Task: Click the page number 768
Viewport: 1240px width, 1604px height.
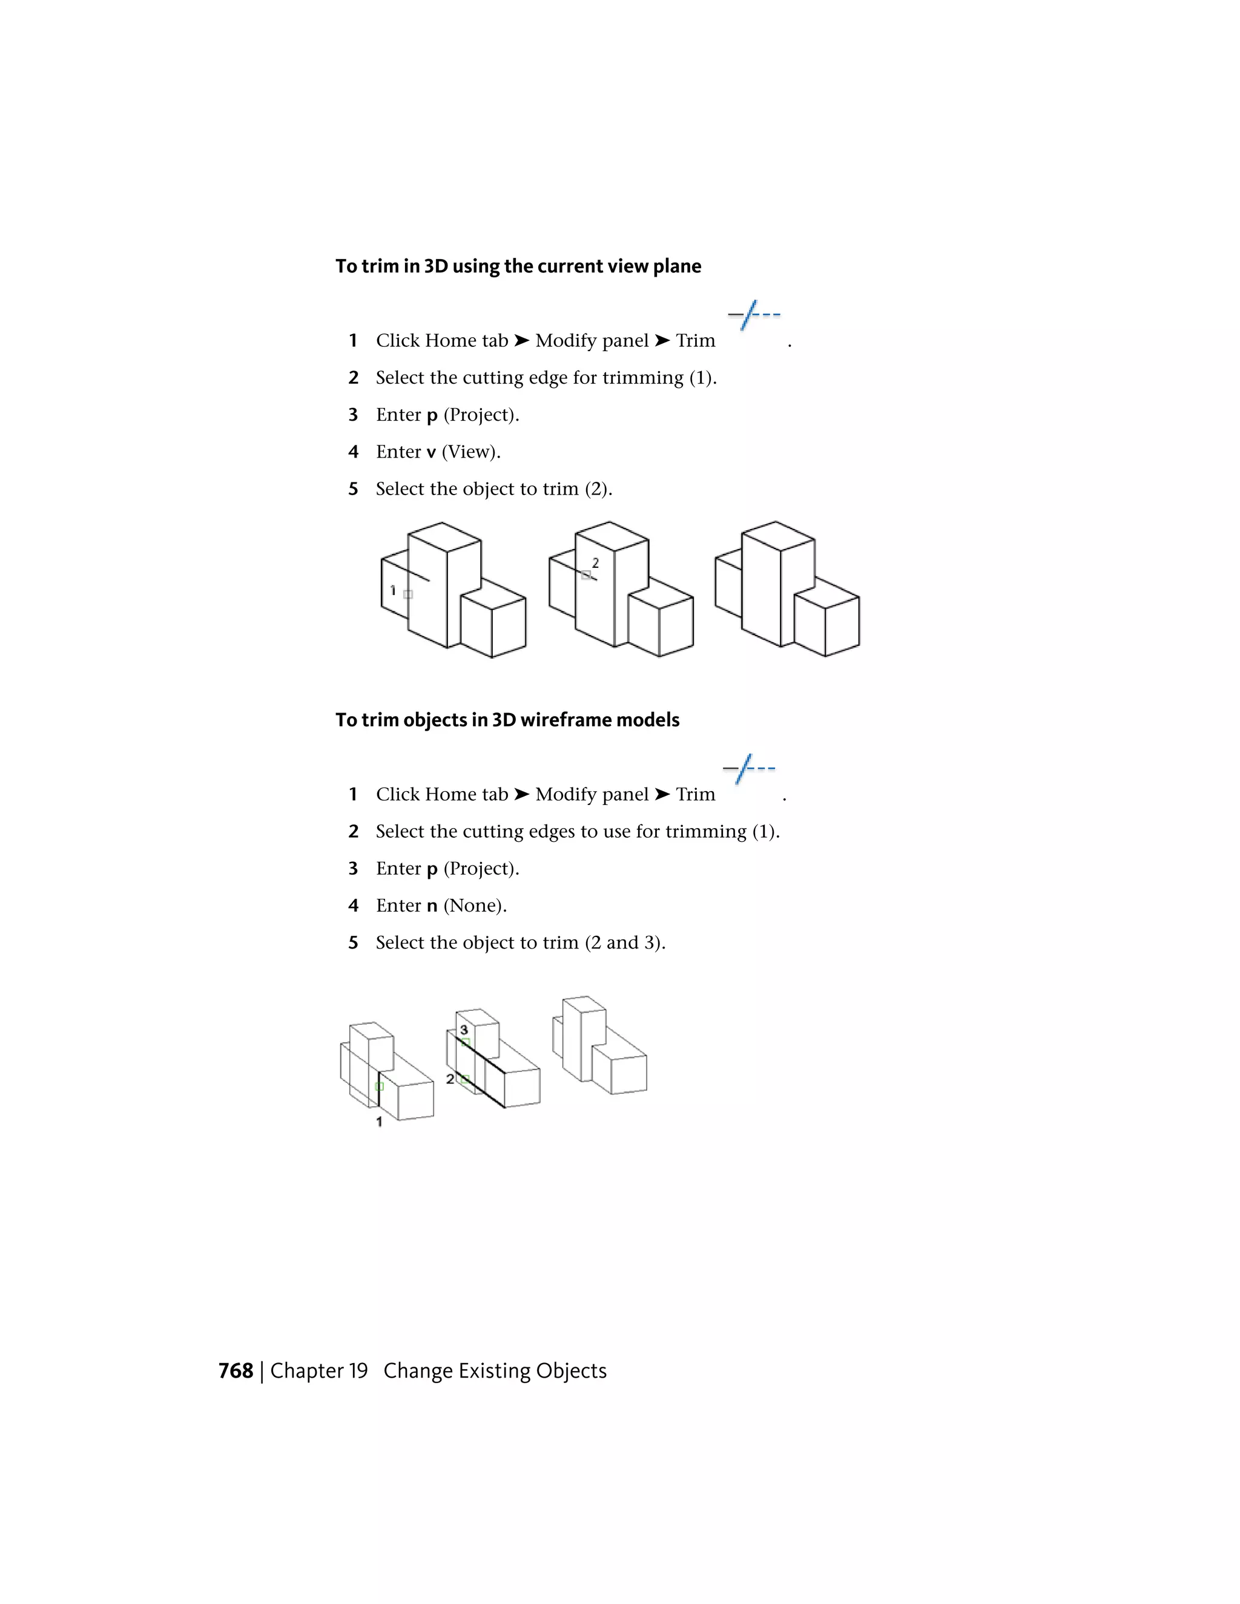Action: click(235, 1370)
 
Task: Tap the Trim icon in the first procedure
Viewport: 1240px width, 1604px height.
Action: click(754, 315)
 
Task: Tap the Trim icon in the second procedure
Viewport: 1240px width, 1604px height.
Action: click(748, 768)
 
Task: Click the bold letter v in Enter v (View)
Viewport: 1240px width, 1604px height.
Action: click(431, 452)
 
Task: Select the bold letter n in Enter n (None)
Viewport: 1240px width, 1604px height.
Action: click(432, 906)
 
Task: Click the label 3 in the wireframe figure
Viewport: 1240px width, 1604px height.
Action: click(464, 1030)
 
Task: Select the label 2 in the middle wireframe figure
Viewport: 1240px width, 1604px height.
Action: click(450, 1079)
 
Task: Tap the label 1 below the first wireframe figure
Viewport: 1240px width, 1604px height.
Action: click(379, 1122)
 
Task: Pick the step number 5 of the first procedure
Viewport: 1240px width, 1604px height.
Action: click(354, 489)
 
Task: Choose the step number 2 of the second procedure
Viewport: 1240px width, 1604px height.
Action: click(354, 832)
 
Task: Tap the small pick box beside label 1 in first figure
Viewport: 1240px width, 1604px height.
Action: click(409, 594)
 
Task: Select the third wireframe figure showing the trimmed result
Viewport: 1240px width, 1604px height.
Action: click(599, 1046)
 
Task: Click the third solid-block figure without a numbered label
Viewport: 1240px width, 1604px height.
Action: click(787, 589)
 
